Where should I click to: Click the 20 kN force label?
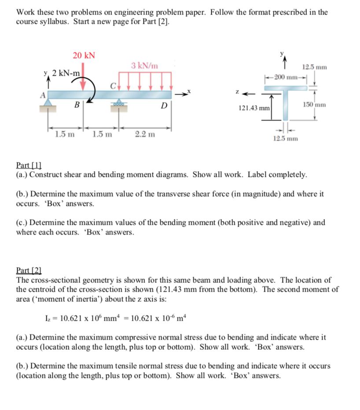[84, 55]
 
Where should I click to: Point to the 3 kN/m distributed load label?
[144, 66]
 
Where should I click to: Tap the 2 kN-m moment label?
[66, 73]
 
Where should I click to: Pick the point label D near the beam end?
[164, 106]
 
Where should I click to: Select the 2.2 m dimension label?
[145, 135]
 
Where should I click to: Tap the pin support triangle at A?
[48, 103]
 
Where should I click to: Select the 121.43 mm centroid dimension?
[254, 107]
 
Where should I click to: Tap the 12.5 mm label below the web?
[285, 139]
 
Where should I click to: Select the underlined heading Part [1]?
[29, 165]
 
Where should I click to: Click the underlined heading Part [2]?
[29, 271]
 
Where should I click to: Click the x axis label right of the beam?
[190, 90]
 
